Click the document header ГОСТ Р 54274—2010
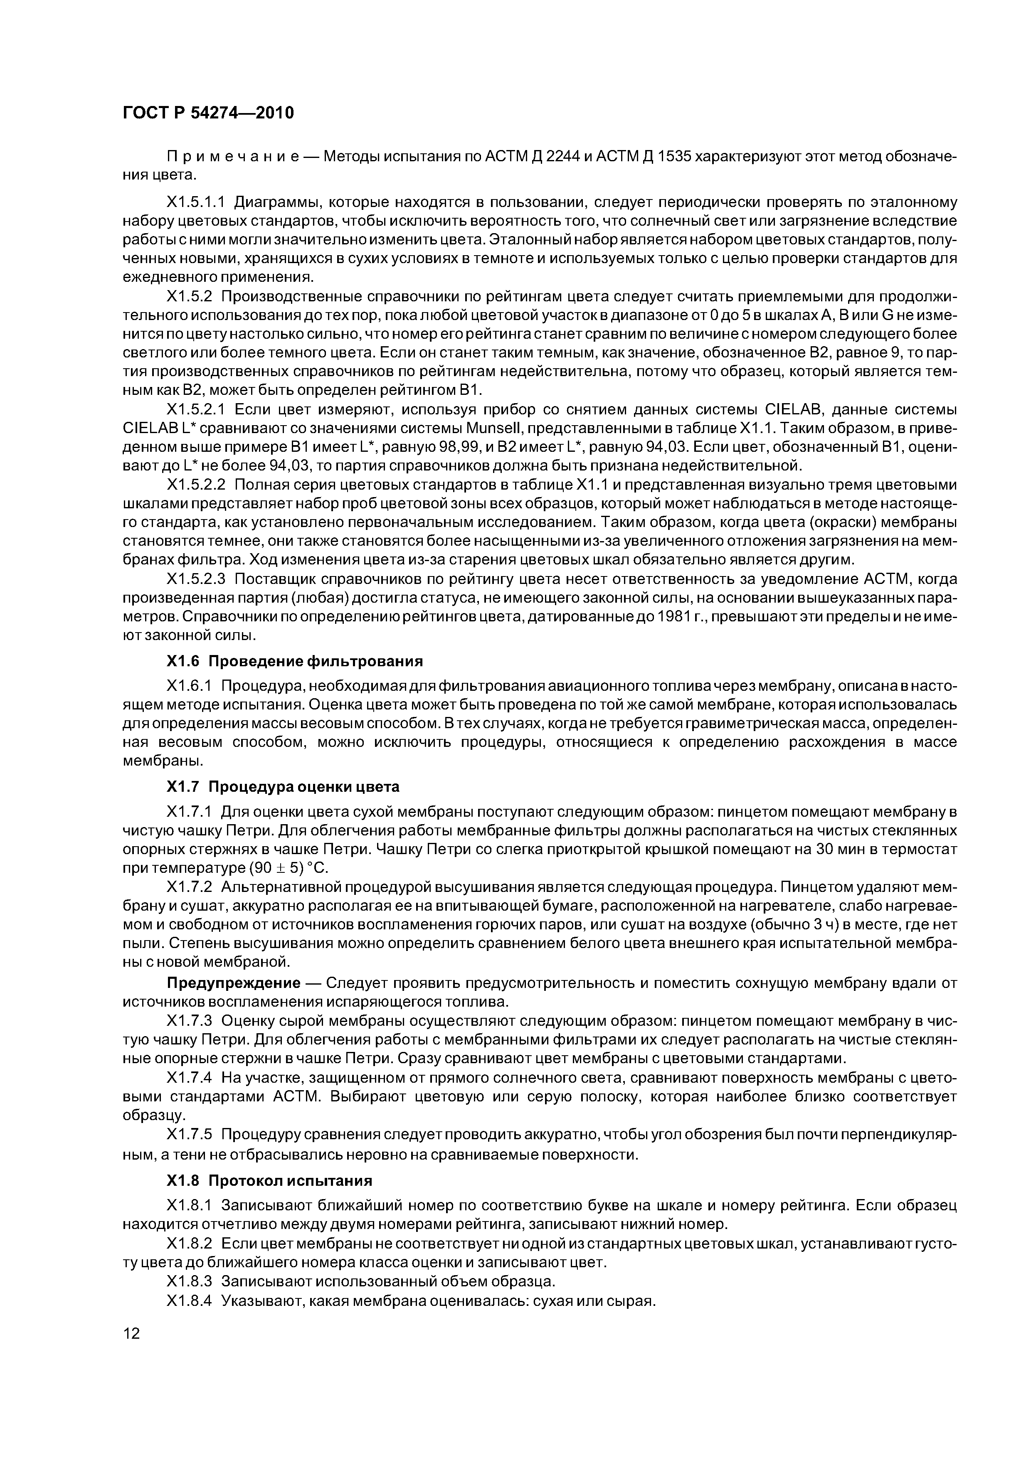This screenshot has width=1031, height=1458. (x=208, y=113)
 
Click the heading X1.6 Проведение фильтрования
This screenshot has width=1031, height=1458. (x=294, y=662)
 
